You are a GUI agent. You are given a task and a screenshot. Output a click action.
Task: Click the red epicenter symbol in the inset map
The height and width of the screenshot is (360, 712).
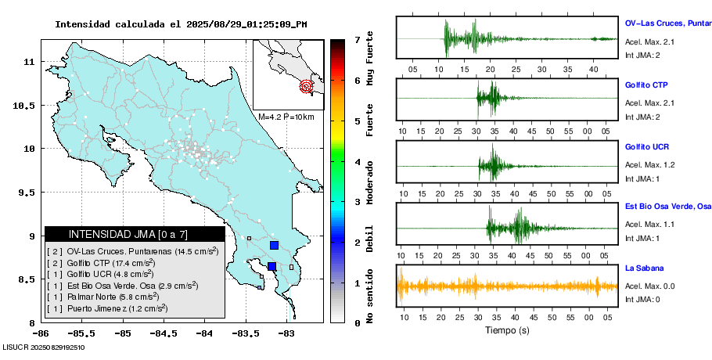(307, 86)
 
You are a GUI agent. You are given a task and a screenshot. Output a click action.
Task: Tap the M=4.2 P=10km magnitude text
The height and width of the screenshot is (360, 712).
(286, 117)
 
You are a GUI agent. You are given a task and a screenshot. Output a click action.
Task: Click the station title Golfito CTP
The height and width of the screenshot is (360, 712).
(646, 85)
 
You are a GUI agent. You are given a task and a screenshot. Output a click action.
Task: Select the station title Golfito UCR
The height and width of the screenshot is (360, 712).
(647, 147)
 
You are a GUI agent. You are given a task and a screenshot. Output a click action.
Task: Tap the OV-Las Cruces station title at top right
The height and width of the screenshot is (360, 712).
(667, 23)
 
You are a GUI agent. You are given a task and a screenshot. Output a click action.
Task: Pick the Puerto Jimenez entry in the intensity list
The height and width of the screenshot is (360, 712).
(105, 309)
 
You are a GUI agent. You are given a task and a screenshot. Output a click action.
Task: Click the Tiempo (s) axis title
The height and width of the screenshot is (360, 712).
(508, 330)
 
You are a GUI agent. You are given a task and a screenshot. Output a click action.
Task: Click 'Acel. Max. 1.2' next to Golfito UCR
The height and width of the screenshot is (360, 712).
(650, 165)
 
